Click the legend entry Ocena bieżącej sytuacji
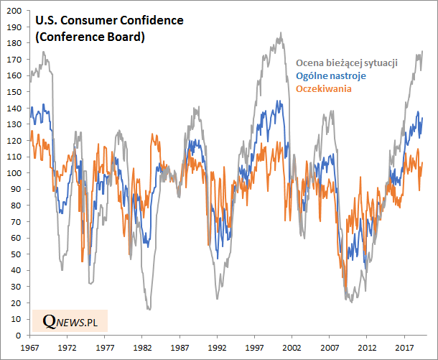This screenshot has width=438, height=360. (347, 63)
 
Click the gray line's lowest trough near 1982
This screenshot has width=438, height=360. (149, 309)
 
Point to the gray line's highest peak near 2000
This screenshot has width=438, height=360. (281, 32)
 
